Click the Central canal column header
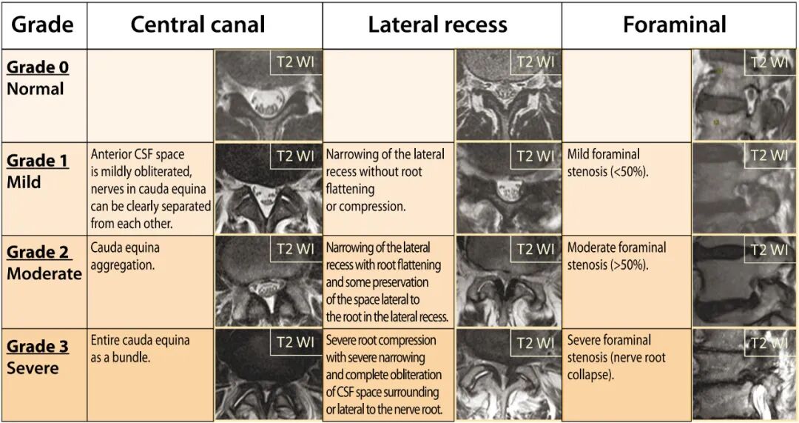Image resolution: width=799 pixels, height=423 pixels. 198,24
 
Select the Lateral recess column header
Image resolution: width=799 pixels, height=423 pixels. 437,24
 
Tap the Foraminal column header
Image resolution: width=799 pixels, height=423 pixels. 675,24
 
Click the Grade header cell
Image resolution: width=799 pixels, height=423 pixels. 43,24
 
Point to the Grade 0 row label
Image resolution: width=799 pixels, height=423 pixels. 38,67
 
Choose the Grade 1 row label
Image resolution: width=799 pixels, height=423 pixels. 38,161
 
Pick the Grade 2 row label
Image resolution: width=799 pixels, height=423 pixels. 39,253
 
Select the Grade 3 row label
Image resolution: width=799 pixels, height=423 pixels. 38,346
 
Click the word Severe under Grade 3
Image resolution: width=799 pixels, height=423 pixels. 33,368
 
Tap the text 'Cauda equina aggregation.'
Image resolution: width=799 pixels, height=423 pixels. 125,256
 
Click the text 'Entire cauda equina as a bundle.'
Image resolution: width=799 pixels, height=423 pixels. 140,348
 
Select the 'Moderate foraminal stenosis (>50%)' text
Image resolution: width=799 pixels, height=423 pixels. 616,256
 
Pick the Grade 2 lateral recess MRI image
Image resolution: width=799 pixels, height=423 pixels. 508,282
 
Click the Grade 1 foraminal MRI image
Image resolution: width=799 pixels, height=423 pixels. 744,189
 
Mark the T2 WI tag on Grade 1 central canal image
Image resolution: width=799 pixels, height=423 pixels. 296,156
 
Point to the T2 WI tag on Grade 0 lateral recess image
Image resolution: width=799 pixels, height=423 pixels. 535,62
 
